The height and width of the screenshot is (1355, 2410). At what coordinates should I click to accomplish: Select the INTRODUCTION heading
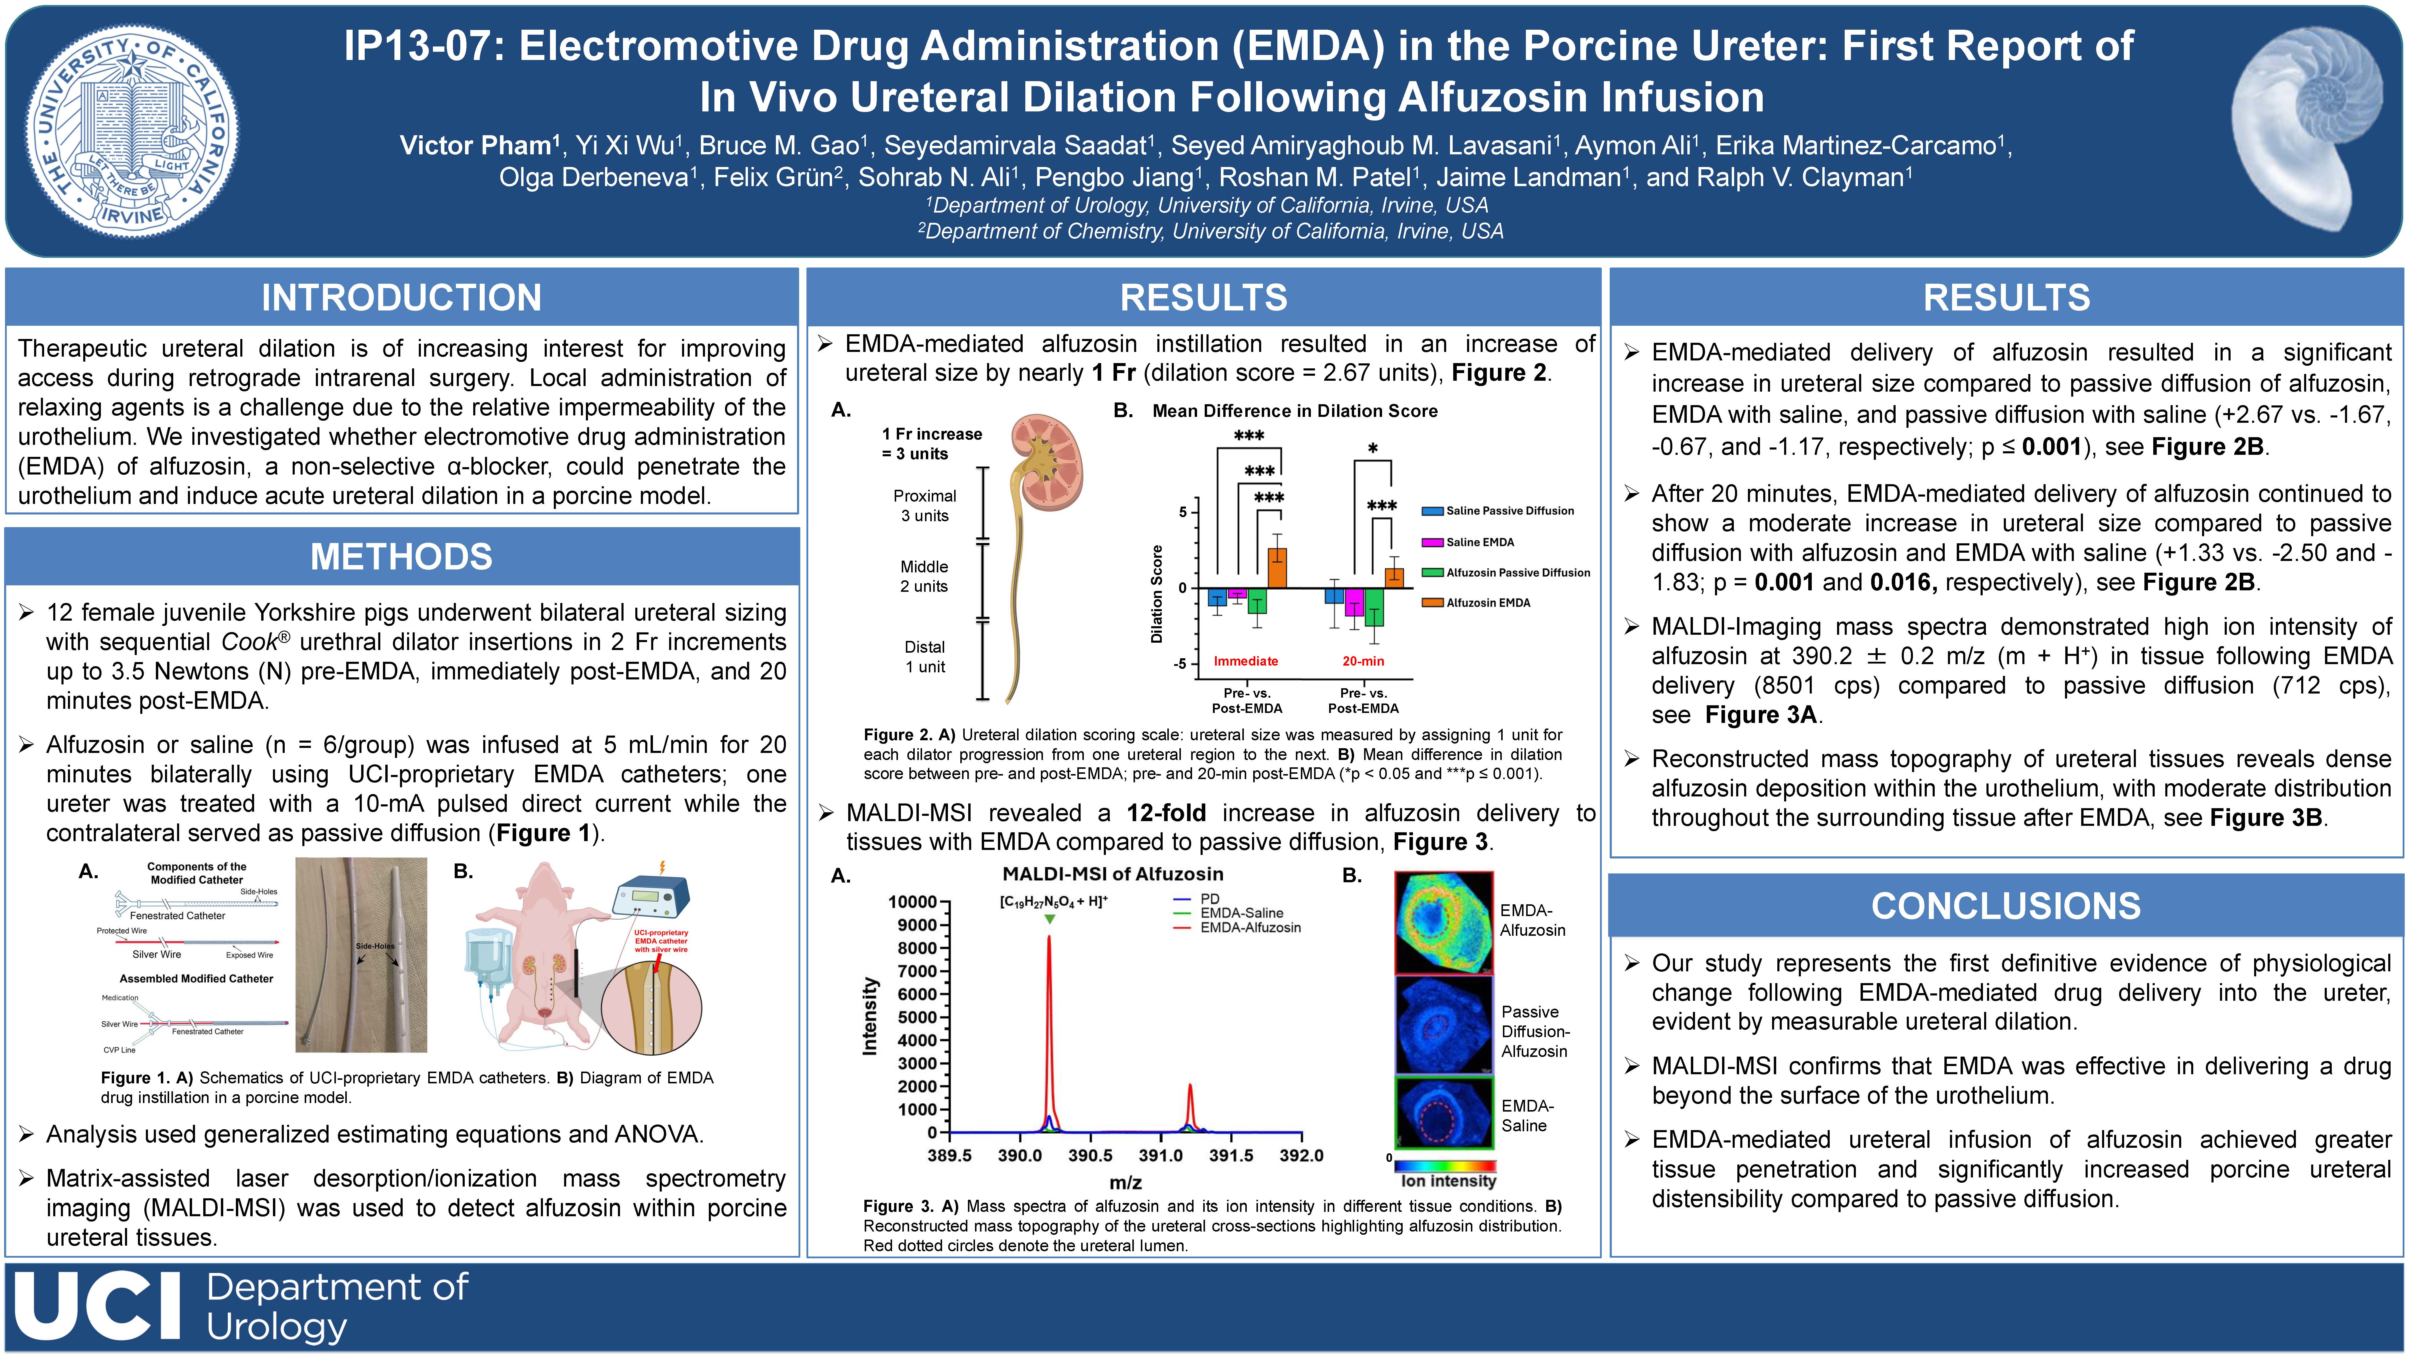pyautogui.click(x=401, y=297)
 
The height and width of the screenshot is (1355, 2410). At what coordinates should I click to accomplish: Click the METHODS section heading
pyautogui.click(x=401, y=557)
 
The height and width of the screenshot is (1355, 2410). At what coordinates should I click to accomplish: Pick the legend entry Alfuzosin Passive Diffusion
pyautogui.click(x=1506, y=572)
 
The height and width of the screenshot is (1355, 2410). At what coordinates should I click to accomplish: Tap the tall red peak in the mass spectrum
pyautogui.click(x=1049, y=1029)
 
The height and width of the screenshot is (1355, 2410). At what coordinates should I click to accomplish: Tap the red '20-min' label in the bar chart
pyautogui.click(x=1363, y=661)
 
